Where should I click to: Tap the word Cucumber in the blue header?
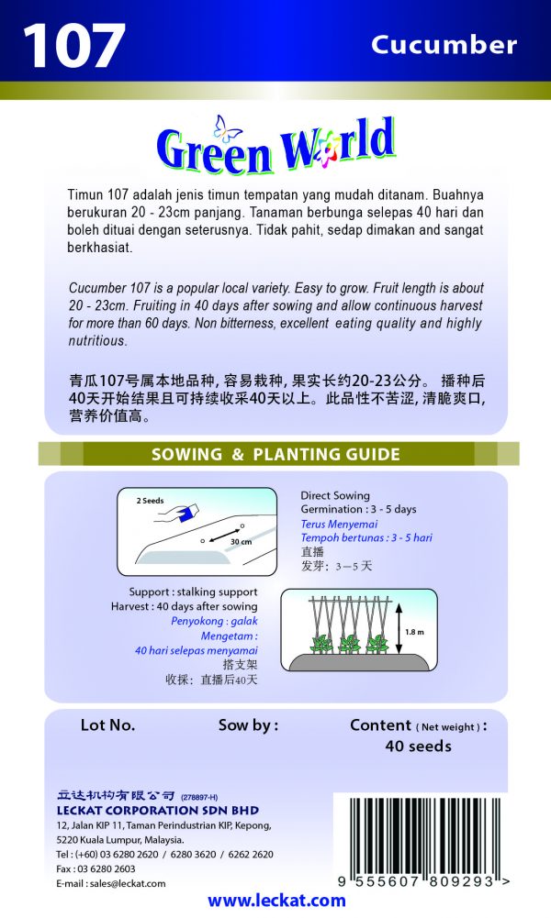pyautogui.click(x=444, y=44)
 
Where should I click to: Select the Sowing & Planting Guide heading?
pyautogui.click(x=275, y=454)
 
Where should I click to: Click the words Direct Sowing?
pyautogui.click(x=335, y=495)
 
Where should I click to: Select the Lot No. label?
pyautogui.click(x=107, y=725)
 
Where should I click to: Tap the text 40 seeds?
pyautogui.click(x=418, y=747)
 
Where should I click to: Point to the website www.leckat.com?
pyautogui.click(x=276, y=901)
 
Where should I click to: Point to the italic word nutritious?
pyautogui.click(x=96, y=340)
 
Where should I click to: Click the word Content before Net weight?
pyautogui.click(x=381, y=725)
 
